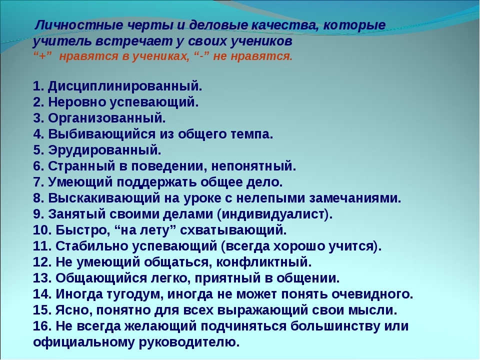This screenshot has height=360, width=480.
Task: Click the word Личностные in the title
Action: [79, 25]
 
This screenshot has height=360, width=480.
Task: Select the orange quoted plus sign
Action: [42, 56]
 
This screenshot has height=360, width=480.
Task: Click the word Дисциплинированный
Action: [125, 86]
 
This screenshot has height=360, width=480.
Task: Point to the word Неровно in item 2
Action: [77, 102]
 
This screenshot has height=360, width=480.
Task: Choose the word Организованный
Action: [107, 118]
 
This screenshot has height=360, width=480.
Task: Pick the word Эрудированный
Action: [104, 150]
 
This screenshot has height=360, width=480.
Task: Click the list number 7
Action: [38, 182]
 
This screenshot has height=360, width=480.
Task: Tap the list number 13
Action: [42, 278]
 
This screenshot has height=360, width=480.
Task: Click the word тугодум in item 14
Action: [135, 294]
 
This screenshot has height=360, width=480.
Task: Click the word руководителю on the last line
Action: [189, 342]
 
